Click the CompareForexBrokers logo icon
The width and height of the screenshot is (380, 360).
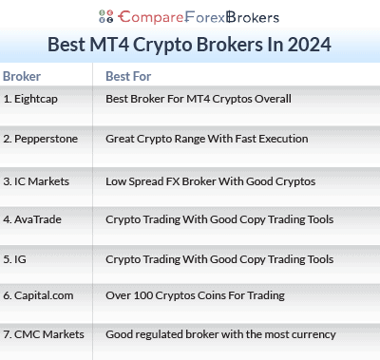click(105, 16)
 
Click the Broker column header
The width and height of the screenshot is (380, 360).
click(22, 76)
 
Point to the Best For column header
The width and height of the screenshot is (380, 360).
click(127, 76)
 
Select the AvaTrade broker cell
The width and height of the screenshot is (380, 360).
click(32, 219)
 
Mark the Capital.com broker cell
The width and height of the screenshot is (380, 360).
click(39, 296)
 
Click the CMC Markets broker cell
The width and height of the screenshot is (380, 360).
click(43, 334)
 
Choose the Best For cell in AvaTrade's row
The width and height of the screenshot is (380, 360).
click(218, 219)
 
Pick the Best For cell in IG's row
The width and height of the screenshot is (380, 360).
click(218, 258)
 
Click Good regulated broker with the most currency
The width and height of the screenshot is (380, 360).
click(220, 334)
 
